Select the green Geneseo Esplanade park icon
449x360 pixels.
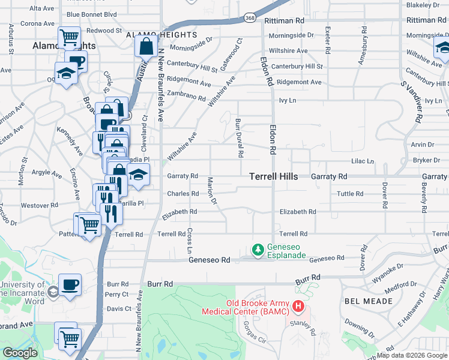point(258,248)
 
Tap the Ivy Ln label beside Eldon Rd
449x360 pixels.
point(288,100)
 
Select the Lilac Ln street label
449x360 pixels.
point(362,161)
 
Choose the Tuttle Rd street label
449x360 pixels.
point(350,194)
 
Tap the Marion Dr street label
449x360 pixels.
point(211,190)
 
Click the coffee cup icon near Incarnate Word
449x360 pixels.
point(70,284)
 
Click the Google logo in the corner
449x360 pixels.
point(20,353)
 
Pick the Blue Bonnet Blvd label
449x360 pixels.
point(91,14)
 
